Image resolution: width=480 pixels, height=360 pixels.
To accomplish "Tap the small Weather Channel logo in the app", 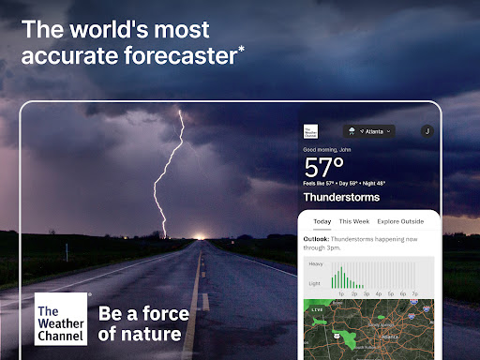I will click(311, 132).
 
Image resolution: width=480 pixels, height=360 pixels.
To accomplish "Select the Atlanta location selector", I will click(367, 131).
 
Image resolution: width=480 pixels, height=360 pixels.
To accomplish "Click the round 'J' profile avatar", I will click(427, 132).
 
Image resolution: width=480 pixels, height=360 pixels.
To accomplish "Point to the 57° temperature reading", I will click(325, 168).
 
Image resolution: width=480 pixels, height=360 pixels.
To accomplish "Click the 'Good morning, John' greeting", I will click(328, 150).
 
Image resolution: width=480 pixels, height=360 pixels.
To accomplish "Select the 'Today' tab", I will click(322, 221).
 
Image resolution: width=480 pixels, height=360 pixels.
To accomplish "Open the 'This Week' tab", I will click(354, 221).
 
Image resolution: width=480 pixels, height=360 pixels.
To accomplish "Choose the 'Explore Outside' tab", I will click(401, 221).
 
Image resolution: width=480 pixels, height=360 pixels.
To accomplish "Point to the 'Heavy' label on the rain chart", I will click(315, 264).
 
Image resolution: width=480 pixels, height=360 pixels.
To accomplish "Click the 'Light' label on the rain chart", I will click(315, 282).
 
